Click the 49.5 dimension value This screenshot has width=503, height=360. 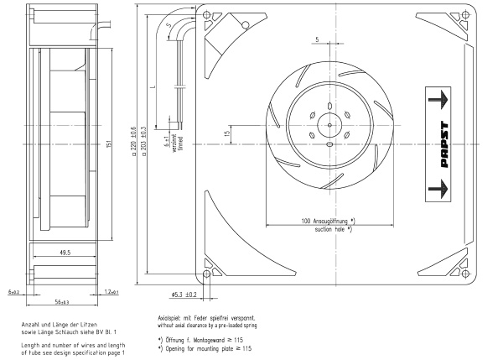[64, 251]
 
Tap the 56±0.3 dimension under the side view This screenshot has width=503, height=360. [62, 301]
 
